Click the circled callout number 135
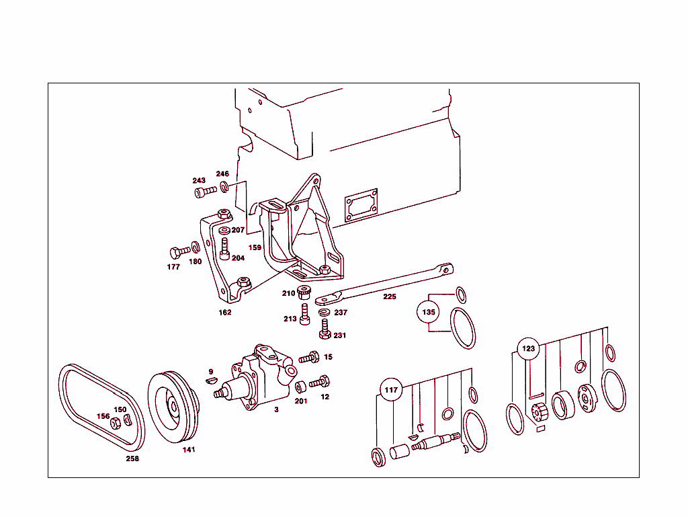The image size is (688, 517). (429, 313)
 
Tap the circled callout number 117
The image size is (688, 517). (391, 389)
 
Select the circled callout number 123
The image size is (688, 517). (529, 348)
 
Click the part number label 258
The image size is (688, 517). (132, 459)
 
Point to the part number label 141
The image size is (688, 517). (189, 450)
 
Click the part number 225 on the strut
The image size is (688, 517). (390, 296)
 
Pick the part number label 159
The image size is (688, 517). (255, 247)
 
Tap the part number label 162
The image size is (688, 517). (224, 313)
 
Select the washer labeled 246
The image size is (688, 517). (224, 186)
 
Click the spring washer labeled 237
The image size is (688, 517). (324, 313)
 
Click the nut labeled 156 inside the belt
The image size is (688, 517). (114, 423)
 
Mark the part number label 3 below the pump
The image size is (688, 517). (276, 409)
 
